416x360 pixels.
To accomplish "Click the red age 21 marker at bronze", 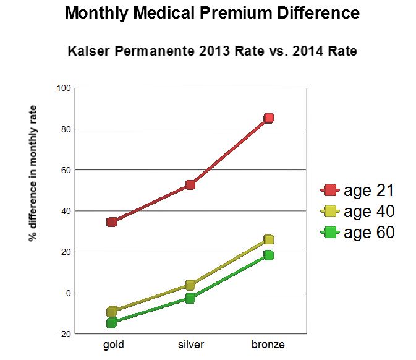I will point(268,118).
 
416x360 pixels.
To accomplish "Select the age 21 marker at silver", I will point(190,184).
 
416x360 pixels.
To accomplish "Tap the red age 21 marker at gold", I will point(112,222).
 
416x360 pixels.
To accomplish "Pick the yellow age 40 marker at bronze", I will point(268,239).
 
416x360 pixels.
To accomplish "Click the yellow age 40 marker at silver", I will point(190,285).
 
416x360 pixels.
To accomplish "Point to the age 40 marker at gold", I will point(112,311).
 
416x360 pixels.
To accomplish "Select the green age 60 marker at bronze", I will point(268,255).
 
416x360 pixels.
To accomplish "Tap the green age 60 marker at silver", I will point(190,298).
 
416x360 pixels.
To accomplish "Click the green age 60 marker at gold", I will point(112,323).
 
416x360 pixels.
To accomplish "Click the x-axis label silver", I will point(190,345).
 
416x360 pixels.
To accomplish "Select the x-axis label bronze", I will point(268,345).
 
